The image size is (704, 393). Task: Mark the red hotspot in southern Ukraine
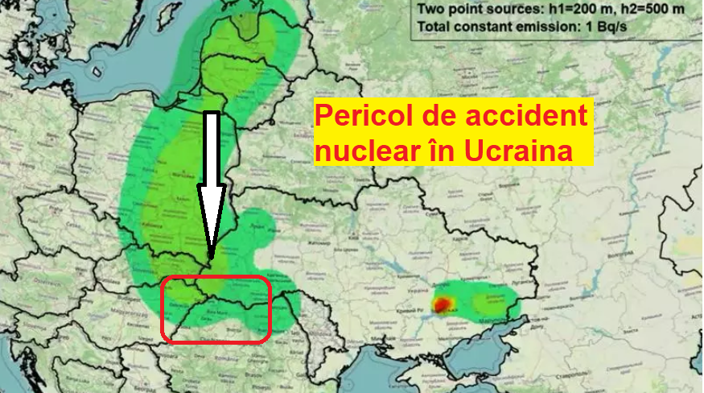click(x=442, y=304)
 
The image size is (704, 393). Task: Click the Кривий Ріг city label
click(x=410, y=311)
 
